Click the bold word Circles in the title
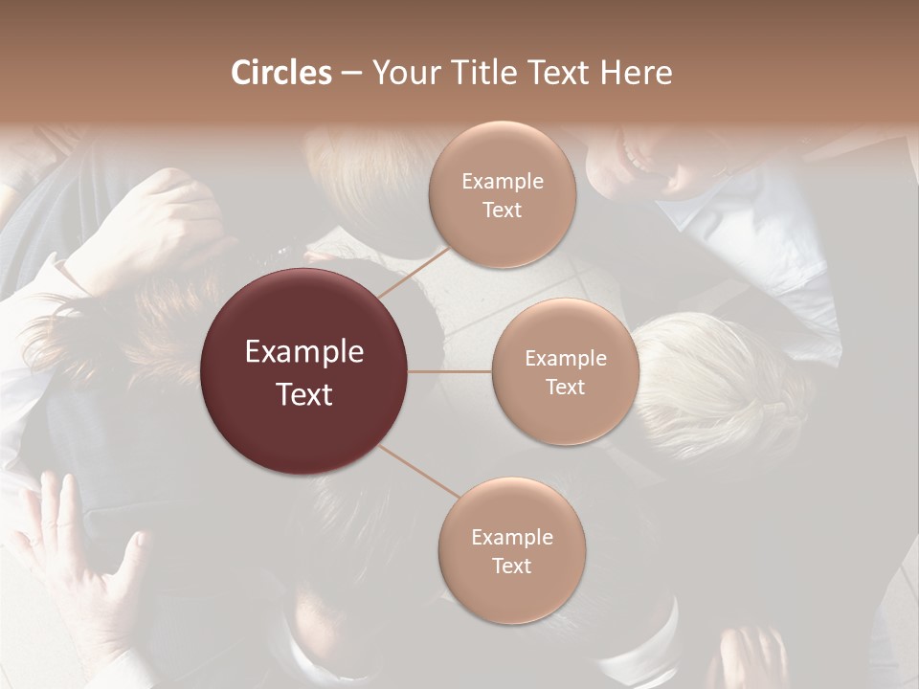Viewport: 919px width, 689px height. pyautogui.click(x=280, y=73)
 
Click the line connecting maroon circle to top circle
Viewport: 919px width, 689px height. pyautogui.click(x=414, y=272)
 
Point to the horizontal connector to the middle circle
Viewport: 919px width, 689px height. pyautogui.click(x=450, y=371)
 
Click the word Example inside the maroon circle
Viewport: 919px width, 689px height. pyautogui.click(x=304, y=352)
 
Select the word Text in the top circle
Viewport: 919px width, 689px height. pyautogui.click(x=502, y=211)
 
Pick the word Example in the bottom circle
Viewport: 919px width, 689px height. pyautogui.click(x=511, y=537)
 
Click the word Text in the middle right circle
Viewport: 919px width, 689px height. pyautogui.click(x=565, y=388)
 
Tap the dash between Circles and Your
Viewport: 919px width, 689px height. pyautogui.click(x=351, y=74)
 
